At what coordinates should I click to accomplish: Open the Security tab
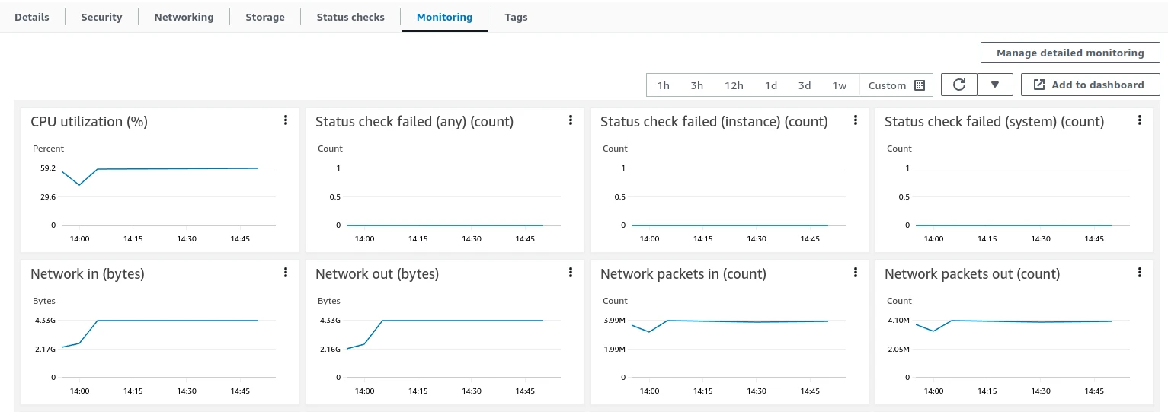101,18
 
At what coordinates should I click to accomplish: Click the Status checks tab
350,18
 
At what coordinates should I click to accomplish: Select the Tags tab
516,18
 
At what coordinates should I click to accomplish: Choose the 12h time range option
734,85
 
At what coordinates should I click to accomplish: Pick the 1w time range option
839,85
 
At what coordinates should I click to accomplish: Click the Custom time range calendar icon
920,85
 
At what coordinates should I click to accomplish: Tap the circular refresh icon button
959,85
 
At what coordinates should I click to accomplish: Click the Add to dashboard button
1090,85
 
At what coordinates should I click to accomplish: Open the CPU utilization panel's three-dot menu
285,120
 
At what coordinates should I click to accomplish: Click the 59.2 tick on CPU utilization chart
47,168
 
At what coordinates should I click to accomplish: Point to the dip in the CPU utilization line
79,184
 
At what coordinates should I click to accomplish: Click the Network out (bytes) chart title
377,274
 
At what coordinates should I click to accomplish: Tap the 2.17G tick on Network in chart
45,349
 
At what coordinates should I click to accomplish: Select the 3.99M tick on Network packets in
614,321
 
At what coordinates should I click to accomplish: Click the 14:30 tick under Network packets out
1040,391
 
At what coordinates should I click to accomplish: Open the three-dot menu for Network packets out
1139,273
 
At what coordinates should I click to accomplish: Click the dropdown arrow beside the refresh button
995,85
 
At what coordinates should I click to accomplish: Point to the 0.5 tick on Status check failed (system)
904,197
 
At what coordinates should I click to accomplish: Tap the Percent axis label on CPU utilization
48,149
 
